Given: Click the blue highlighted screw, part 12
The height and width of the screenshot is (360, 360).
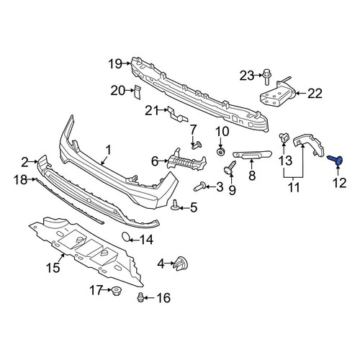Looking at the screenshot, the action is pos(335,160).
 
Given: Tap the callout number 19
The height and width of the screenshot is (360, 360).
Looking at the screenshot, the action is pos(115,64).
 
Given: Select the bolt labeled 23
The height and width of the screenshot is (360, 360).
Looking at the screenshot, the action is pos(266,76).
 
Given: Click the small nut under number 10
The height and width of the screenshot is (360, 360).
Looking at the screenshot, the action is pos(220,152).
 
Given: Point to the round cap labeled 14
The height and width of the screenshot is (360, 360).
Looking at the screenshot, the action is pos(126,236).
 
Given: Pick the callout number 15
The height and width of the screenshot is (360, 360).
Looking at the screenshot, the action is pos(53,267).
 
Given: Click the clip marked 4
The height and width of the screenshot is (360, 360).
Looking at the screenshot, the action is pos(181,264).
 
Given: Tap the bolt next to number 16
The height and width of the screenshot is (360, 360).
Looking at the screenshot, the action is pos(140,297).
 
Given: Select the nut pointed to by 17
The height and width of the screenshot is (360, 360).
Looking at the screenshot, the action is pos(117,291).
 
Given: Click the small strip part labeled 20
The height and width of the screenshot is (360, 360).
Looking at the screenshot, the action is pos(138,92).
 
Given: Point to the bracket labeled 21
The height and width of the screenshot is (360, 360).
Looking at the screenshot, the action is pos(178,114).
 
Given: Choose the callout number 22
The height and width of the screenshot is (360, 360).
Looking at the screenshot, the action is pos(315,94).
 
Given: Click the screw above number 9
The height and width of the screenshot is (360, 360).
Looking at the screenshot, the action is pos(230,168).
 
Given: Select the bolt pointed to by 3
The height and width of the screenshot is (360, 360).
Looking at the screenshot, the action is pos(199,186).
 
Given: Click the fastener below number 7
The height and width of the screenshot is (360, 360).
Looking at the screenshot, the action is pos(197,145).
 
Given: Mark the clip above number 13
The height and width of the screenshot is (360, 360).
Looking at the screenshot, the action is pos(284,138).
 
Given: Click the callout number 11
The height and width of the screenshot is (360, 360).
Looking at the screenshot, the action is pos(294,187).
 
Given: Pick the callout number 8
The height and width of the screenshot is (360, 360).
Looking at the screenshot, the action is pos(252,176).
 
